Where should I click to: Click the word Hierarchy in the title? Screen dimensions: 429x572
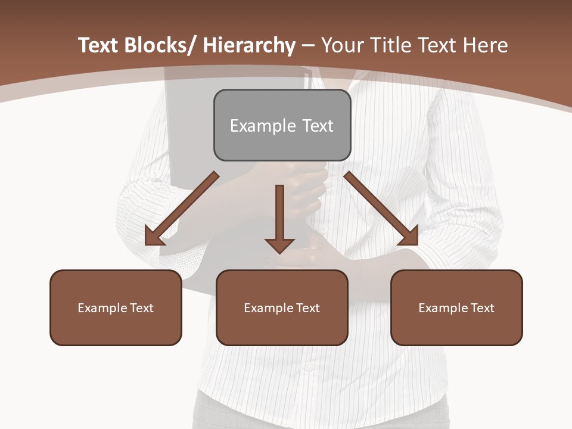click(x=249, y=45)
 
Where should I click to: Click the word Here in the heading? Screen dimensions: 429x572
click(x=485, y=45)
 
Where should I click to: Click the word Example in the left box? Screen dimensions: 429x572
click(x=102, y=308)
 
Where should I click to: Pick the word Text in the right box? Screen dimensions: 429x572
click(x=481, y=308)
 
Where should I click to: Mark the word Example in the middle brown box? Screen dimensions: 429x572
click(x=268, y=308)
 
